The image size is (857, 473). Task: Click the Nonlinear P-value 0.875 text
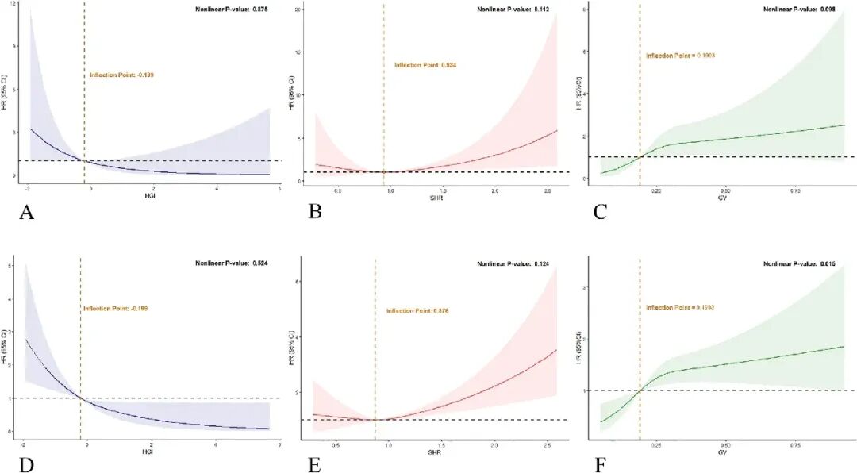[x=236, y=9]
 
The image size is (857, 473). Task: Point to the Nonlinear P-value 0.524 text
[x=236, y=263]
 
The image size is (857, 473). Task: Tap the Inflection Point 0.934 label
[x=425, y=65]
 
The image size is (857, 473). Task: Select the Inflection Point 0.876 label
[x=417, y=311]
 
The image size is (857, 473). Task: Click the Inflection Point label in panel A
[x=121, y=75]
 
